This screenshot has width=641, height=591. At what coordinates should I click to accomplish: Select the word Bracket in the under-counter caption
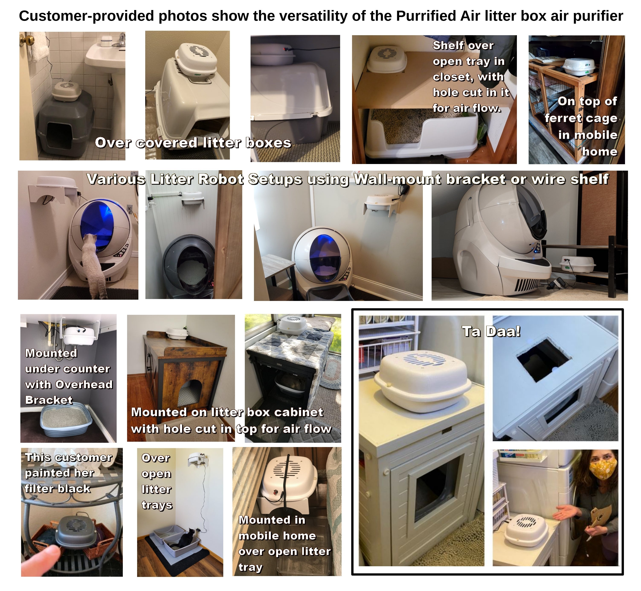click(x=49, y=400)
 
